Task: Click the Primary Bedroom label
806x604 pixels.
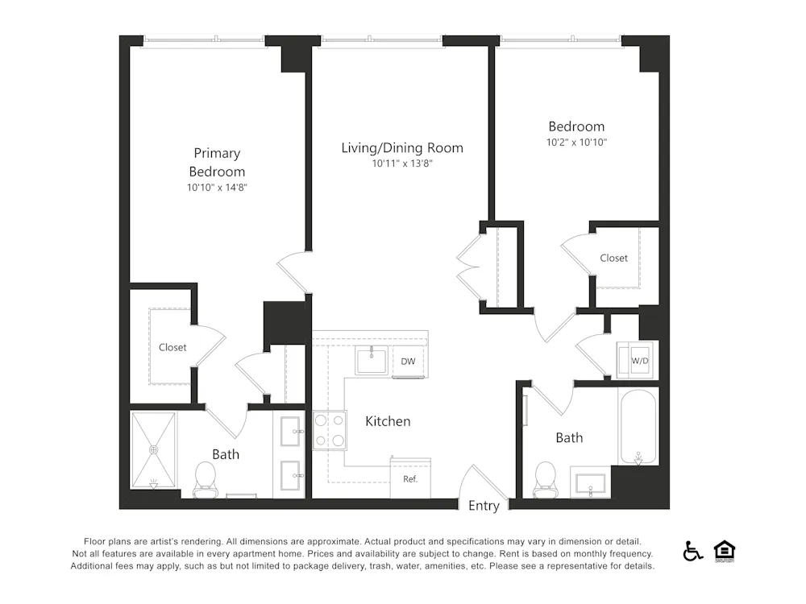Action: click(217, 162)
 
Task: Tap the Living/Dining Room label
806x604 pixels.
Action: click(402, 148)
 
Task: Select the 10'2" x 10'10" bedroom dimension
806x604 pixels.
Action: click(576, 143)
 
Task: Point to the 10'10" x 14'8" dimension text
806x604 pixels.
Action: click(217, 188)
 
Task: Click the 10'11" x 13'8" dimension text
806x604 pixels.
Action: click(402, 163)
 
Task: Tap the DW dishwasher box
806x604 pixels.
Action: click(409, 362)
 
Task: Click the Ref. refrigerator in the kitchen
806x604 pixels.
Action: click(410, 478)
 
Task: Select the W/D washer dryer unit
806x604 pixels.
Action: click(638, 361)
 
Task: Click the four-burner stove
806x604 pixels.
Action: click(329, 430)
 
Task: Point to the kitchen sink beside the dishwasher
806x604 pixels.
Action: click(372, 361)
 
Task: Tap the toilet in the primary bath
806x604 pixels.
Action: click(206, 478)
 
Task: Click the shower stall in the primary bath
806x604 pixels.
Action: click(153, 450)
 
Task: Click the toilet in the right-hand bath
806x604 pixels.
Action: click(546, 478)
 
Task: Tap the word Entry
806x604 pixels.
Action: click(484, 507)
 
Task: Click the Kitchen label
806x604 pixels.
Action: click(388, 421)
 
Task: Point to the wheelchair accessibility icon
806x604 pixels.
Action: click(692, 551)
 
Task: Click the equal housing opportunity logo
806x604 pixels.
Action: click(725, 551)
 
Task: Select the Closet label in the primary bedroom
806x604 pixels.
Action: click(172, 347)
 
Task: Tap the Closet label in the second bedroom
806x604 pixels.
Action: click(613, 258)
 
